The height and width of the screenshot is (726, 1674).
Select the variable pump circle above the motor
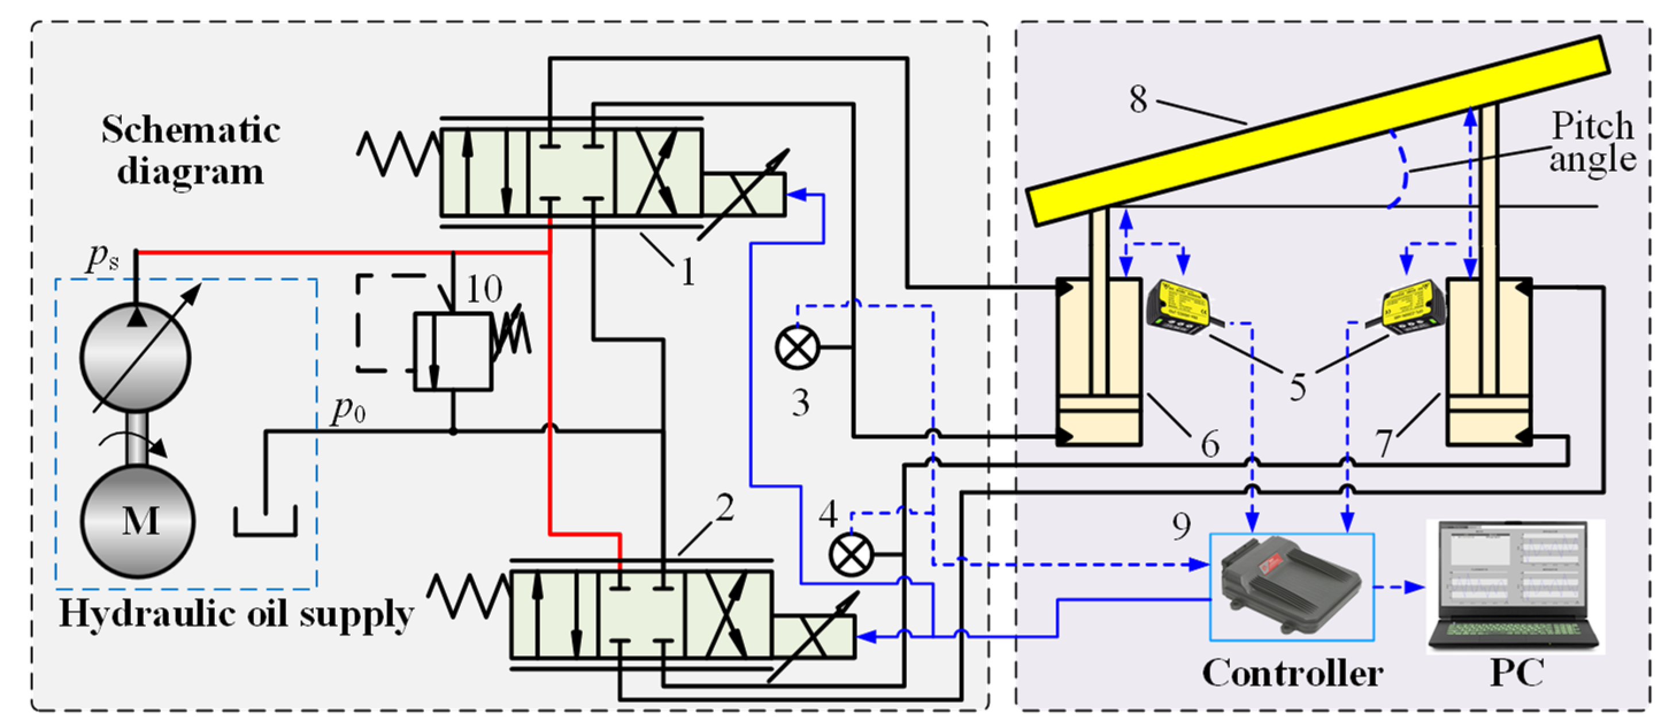click(136, 357)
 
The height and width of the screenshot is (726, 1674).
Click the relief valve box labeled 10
click(453, 352)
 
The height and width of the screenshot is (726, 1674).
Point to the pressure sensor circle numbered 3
click(798, 347)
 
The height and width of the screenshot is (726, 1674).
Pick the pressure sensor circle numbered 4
click(851, 554)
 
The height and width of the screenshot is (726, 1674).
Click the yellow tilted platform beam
click(1319, 130)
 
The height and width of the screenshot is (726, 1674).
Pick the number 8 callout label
click(1138, 99)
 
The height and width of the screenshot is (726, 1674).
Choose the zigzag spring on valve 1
click(398, 154)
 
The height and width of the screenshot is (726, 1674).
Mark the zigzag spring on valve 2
click(468, 596)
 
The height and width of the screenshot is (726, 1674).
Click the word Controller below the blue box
click(1292, 673)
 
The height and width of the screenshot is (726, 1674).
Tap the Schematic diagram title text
click(190, 150)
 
